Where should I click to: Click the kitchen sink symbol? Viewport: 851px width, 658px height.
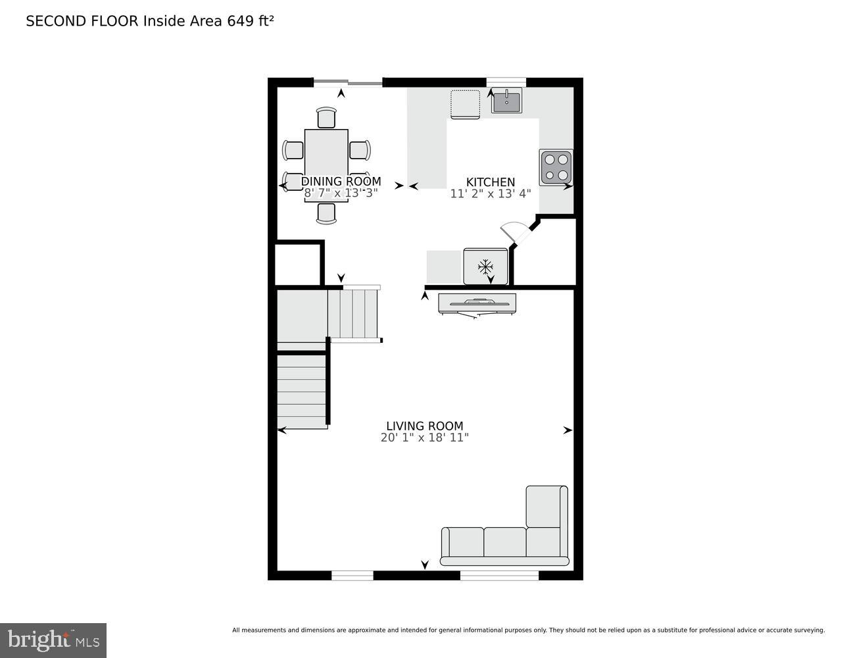pos(506,101)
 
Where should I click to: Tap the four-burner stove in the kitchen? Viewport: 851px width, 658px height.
pos(556,167)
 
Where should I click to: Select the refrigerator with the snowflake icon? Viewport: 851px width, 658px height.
pos(485,266)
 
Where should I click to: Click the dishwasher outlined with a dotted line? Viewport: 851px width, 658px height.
pos(465,104)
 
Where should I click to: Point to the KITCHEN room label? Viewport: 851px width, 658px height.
pos(491,182)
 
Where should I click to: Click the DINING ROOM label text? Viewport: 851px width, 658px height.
pos(341,182)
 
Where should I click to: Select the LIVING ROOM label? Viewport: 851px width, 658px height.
pos(425,426)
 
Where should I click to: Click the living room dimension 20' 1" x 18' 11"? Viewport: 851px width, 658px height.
pos(425,438)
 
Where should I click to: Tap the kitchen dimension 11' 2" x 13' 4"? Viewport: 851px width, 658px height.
pos(491,194)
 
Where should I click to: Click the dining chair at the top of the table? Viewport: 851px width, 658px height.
pos(326,118)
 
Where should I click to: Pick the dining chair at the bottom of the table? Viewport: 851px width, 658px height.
pos(326,213)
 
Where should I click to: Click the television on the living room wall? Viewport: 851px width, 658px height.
pos(477,303)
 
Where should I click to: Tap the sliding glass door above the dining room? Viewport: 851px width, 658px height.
pos(347,83)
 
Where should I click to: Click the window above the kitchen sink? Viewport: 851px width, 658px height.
pos(506,82)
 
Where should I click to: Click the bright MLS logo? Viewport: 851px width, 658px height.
pos(53,640)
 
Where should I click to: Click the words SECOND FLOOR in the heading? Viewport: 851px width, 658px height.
pos(82,21)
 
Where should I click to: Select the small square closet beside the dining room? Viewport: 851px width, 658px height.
pos(297,265)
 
